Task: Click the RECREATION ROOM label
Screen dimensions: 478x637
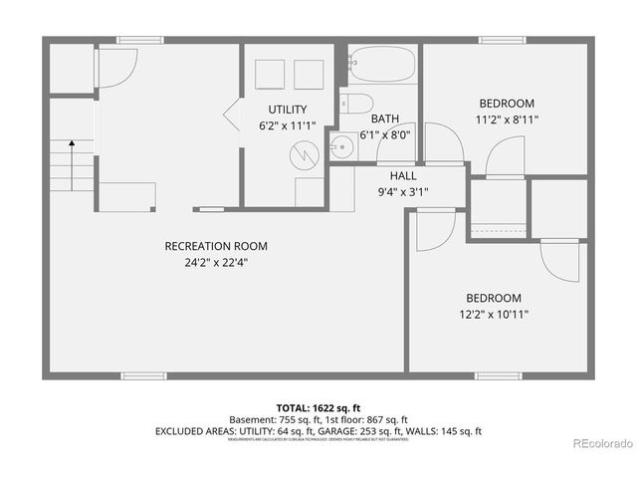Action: (216, 246)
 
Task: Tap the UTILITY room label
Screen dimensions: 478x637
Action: (287, 110)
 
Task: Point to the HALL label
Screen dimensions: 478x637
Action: (389, 174)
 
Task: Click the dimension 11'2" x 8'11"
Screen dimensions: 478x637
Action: (507, 119)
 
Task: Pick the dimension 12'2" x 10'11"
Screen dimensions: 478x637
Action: (495, 315)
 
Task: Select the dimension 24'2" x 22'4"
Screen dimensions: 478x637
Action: (216, 263)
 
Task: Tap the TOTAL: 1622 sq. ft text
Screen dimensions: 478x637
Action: (318, 408)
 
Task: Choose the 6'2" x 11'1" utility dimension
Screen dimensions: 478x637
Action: (287, 126)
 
